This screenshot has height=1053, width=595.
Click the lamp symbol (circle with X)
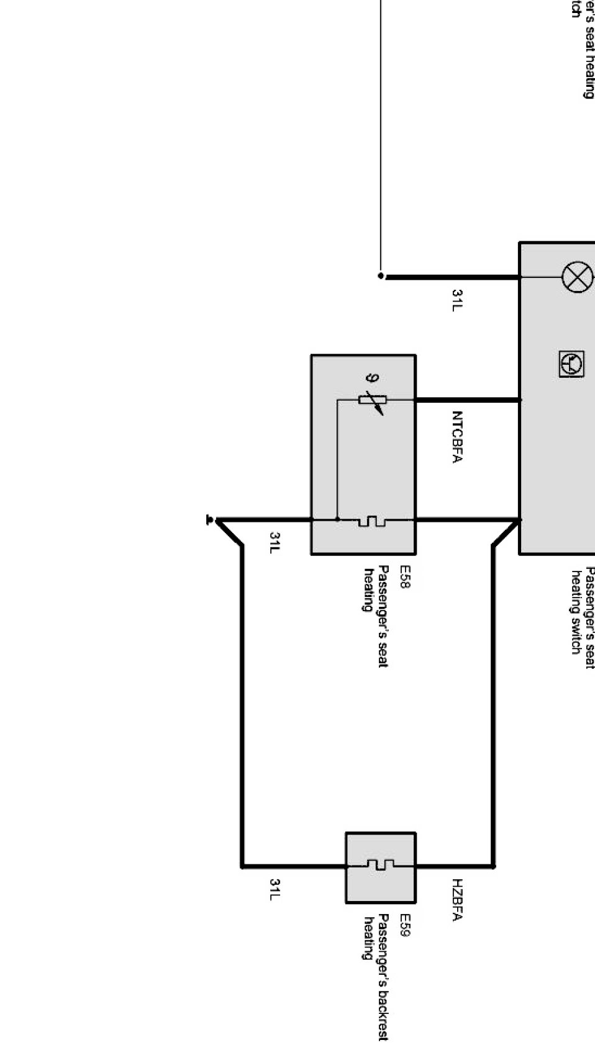tap(577, 277)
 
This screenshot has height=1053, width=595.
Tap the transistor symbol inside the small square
tap(571, 364)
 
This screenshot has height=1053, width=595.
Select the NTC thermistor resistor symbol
tap(371, 400)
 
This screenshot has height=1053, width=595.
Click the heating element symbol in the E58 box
tap(371, 521)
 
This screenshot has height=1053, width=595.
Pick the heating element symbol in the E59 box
tap(380, 864)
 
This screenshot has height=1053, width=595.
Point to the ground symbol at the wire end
tap(210, 520)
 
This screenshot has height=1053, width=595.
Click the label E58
tap(405, 576)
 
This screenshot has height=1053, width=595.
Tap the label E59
tap(405, 925)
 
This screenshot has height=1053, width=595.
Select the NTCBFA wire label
tap(458, 437)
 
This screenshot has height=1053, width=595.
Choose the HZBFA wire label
tap(458, 900)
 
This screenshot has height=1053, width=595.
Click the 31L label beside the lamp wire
tap(458, 300)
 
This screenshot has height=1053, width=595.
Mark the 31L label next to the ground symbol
tap(275, 542)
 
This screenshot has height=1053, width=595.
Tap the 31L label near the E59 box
tap(275, 890)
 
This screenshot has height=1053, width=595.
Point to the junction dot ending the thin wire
tap(381, 276)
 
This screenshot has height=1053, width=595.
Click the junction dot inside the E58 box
tap(337, 520)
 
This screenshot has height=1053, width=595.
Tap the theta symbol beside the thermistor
tap(372, 378)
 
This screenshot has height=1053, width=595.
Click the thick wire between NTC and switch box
tap(467, 400)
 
